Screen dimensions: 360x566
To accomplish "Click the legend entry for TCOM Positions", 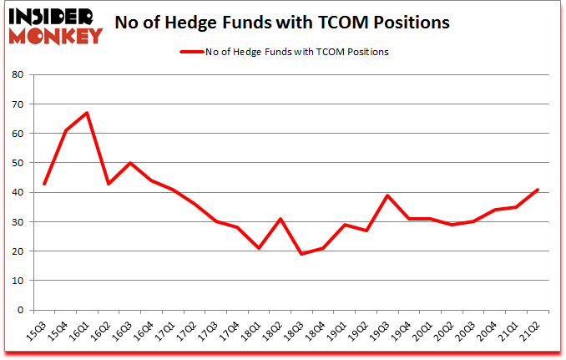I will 284,52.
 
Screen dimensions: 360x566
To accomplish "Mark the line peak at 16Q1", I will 87,113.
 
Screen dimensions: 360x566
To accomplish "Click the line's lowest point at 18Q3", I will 301,254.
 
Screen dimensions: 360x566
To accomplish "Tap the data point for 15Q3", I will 44,184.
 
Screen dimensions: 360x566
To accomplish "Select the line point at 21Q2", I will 538,190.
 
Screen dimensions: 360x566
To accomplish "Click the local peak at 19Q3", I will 387,195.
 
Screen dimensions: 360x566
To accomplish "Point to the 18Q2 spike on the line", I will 280,219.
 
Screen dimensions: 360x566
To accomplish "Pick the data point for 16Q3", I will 129,163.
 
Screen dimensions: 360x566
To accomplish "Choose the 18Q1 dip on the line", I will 259,248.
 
